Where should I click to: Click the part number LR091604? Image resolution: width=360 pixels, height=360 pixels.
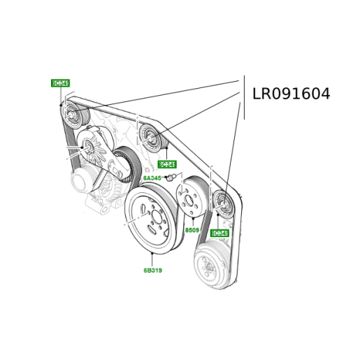[x=291, y=94]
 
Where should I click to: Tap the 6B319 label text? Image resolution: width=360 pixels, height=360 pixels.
[x=153, y=270]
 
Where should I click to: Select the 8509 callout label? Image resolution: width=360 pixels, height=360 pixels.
[x=192, y=230]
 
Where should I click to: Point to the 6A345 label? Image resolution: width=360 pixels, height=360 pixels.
[x=152, y=178]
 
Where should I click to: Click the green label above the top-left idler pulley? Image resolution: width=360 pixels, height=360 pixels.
[x=60, y=83]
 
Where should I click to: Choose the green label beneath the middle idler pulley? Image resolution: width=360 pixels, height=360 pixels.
[x=166, y=165]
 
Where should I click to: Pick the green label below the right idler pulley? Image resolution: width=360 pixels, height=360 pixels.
[x=219, y=233]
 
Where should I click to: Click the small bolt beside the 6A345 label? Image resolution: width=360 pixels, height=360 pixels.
[x=170, y=178]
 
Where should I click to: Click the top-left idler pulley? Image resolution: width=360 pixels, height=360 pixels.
[x=71, y=112]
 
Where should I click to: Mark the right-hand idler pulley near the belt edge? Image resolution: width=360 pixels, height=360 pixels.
[x=223, y=203]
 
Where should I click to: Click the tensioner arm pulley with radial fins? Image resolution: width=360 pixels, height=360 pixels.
[x=89, y=146]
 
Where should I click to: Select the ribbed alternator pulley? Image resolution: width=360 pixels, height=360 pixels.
[x=127, y=166]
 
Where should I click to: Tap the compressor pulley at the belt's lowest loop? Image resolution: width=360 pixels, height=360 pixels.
[x=208, y=264]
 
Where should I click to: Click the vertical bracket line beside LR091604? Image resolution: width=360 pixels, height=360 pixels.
[x=244, y=97]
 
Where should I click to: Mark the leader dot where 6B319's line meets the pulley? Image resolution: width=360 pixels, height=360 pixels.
[x=152, y=254]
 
